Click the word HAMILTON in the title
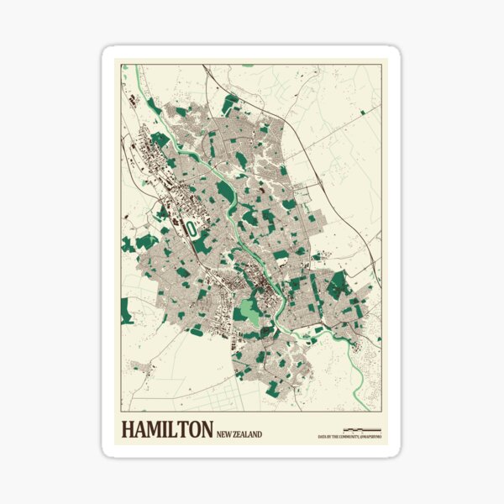click(167, 430)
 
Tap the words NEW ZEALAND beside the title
click(239, 434)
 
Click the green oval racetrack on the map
click(192, 227)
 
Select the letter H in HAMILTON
click(129, 430)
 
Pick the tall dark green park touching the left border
click(126, 311)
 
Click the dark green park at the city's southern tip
click(272, 388)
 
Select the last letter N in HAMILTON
click(206, 430)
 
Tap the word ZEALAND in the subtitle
click(247, 434)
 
